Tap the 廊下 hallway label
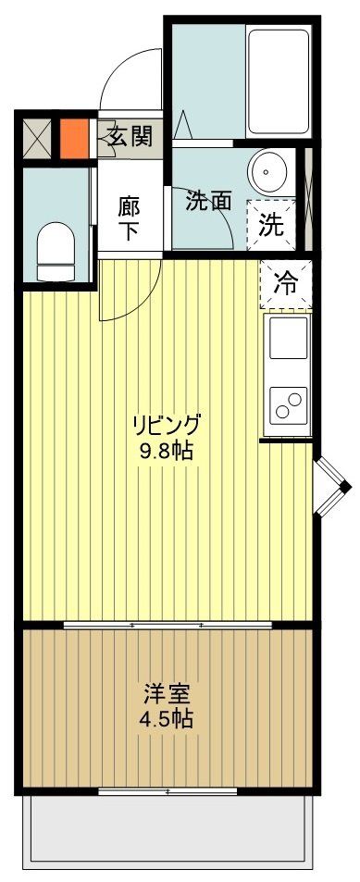point(129,217)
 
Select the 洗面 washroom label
point(207,201)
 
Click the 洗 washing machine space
point(272,223)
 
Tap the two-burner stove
point(287,404)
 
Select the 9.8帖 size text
point(167,453)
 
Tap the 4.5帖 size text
point(168,718)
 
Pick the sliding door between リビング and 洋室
point(168,627)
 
